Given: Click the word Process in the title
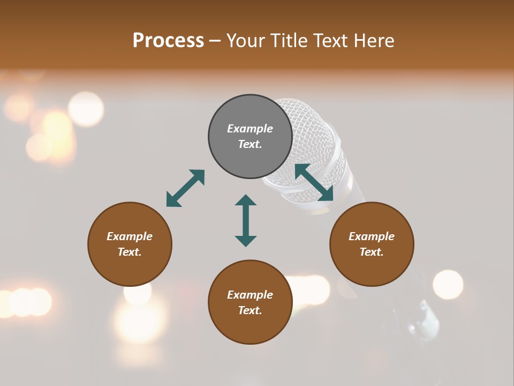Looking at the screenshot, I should coord(168,41).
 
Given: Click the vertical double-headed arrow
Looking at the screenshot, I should coord(246,220).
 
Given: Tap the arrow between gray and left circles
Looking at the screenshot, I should coord(185,188).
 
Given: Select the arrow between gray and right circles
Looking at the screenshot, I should coord(314,182).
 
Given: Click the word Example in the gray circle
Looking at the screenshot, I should coord(250,129).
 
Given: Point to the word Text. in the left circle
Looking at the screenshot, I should coord(130,252).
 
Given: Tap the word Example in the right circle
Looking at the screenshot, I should coord(372,236).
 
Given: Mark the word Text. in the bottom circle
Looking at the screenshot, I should coord(250,310).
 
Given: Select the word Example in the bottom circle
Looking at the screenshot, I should coord(250,295).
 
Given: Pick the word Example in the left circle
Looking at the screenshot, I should coord(130,236).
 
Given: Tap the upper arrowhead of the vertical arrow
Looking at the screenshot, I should coord(246,201).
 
